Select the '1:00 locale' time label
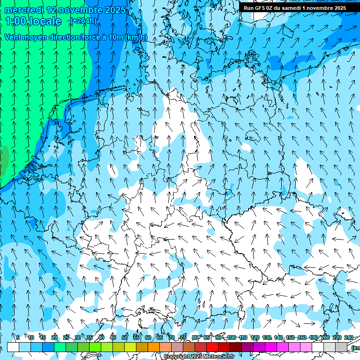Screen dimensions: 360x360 tap(33, 21)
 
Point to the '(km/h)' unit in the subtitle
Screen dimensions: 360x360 tap(136, 37)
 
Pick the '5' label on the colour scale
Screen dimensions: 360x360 tap(18, 337)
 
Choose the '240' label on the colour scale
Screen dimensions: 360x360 tap(348, 337)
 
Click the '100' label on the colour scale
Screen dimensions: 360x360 tap(232, 337)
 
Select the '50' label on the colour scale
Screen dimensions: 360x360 tap(125, 337)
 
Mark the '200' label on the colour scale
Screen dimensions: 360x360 tap(325, 337)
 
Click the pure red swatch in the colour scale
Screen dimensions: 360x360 tap(212, 347)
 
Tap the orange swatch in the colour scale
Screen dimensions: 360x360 tap(154, 347)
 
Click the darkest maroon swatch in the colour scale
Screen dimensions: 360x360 tap(236, 347)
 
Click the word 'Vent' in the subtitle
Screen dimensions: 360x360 tap(13, 37)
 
